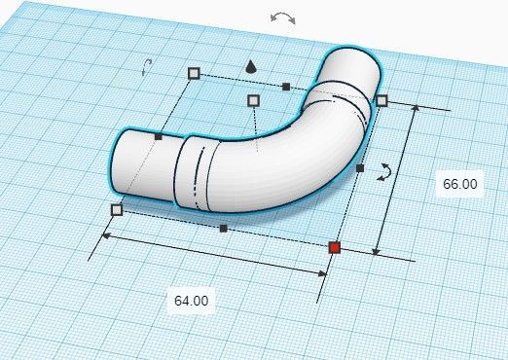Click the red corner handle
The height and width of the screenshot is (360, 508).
point(335,248)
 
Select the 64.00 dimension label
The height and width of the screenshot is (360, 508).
point(192,301)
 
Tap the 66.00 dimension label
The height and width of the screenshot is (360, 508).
point(460,184)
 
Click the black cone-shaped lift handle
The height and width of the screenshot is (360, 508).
point(250,67)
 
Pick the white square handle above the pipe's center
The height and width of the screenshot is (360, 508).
point(253,101)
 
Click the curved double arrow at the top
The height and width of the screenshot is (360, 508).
point(283,18)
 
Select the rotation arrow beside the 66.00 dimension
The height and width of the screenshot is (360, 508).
point(384,172)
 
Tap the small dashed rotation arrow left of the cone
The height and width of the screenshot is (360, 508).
point(147,66)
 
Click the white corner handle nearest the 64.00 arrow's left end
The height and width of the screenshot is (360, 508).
point(117,210)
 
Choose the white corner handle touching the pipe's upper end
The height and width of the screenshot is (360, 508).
point(381,100)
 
